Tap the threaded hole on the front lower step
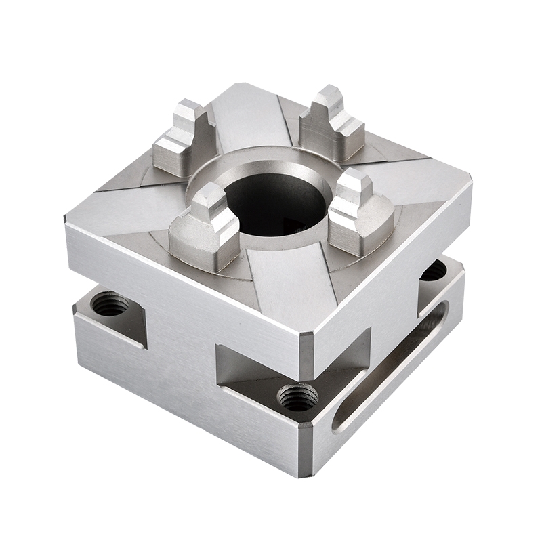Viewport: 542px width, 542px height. click(298, 397)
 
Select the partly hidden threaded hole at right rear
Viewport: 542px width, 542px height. click(434, 270)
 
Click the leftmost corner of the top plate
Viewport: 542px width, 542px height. click(68, 220)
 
